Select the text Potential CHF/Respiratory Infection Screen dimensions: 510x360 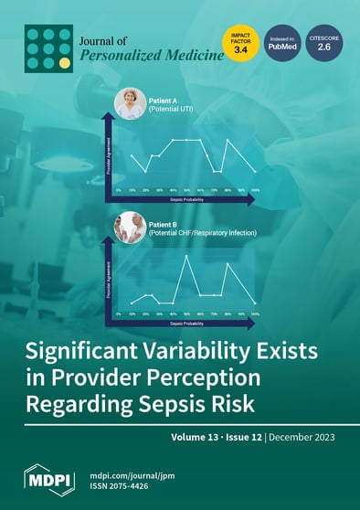click(x=201, y=233)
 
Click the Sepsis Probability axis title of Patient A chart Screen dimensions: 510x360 click(x=186, y=197)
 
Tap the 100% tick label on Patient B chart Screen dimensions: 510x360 click(x=256, y=313)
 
